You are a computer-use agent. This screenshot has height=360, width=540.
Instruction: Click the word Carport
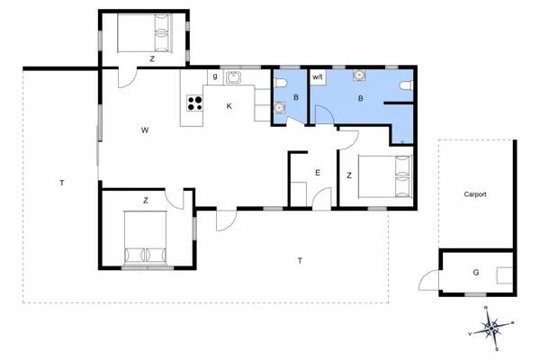coord(475,193)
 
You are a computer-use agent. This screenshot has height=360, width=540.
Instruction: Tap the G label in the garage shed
coord(475,273)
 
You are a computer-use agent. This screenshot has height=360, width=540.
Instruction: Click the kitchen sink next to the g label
coord(233,77)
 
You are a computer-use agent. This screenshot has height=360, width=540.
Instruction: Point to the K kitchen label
coord(229,106)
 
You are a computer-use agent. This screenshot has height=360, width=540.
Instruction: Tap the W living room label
coord(144,130)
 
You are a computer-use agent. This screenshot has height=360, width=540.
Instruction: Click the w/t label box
coord(318,77)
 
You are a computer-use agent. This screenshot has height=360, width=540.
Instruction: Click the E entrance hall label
coord(317,172)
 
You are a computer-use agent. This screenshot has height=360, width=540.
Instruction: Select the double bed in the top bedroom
coord(143,34)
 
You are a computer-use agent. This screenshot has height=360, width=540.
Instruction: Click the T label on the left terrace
coord(61,183)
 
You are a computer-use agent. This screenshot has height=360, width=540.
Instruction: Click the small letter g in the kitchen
coord(215,77)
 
